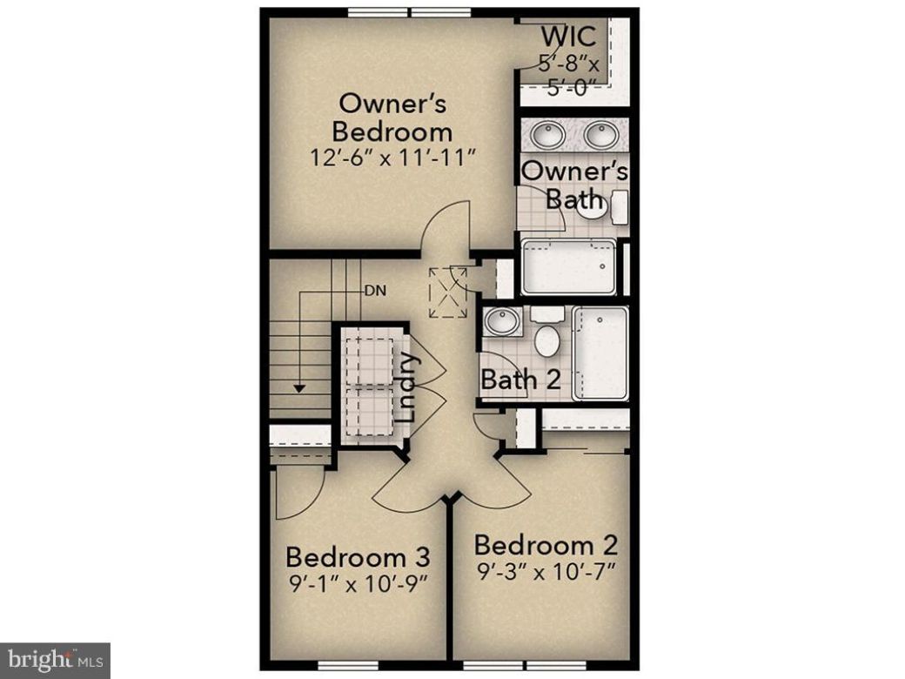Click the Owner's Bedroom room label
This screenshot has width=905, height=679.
click(x=392, y=118)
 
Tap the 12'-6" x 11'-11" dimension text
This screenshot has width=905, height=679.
click(x=392, y=158)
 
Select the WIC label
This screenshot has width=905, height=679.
click(x=568, y=37)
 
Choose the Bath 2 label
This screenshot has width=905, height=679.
click(x=520, y=380)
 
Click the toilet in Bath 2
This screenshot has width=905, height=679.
click(x=546, y=335)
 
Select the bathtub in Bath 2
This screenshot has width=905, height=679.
click(x=600, y=353)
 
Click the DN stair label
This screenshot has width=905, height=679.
click(x=375, y=291)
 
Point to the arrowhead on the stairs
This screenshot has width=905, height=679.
click(x=298, y=387)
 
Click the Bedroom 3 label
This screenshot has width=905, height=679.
click(x=358, y=555)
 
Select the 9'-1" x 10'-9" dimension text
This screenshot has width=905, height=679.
click(x=358, y=581)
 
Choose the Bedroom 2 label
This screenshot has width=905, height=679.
click(x=546, y=546)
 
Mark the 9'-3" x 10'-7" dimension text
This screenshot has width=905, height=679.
click(x=546, y=572)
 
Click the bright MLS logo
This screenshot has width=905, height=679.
click(x=55, y=661)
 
